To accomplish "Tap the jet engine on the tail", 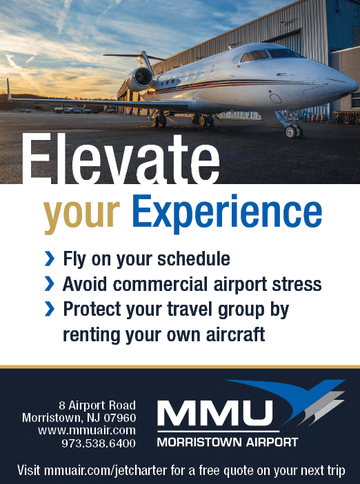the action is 140,78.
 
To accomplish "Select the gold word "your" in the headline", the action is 81,215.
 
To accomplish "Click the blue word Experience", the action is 227,212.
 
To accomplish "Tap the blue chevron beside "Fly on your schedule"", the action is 50,259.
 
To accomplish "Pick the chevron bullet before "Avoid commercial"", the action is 50,283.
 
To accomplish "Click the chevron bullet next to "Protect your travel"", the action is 50,309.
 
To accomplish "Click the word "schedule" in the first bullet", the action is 194,259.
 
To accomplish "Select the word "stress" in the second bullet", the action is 297,284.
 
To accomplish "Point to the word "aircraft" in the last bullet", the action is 235,334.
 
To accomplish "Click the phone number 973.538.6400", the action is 99,443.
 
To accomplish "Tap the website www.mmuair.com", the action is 87,430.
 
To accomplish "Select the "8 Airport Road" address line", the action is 97,405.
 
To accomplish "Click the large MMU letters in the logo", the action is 215,413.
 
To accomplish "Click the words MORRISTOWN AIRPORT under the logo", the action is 228,442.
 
